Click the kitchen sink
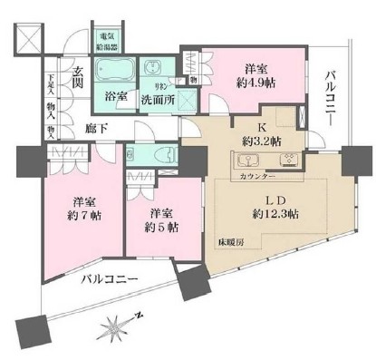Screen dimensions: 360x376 [246, 163]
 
